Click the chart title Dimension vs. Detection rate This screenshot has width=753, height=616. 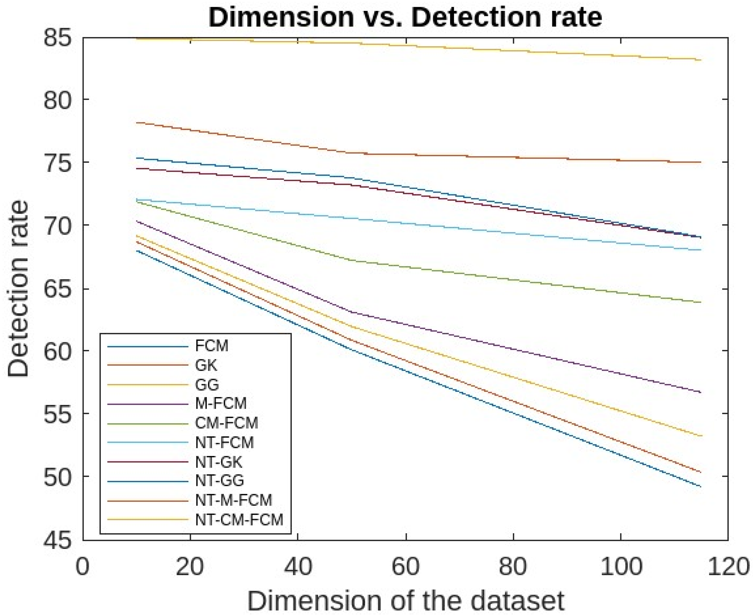coord(405,17)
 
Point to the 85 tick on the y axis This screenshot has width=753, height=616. coord(57,38)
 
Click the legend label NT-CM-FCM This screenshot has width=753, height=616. coord(239,520)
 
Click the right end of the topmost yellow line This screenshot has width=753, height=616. coord(700,60)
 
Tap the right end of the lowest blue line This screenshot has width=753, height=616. coord(700,486)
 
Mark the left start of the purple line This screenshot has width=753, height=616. coord(137,221)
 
